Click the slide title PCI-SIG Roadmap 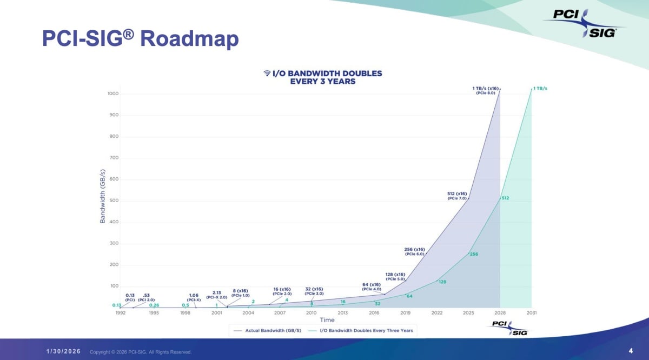click(140, 39)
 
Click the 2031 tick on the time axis click(531, 313)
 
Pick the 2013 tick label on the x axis click(343, 313)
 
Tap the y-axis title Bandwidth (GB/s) click(102, 197)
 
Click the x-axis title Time click(327, 320)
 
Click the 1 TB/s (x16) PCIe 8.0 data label click(485, 90)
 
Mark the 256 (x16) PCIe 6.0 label click(414, 251)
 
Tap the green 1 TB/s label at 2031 click(540, 89)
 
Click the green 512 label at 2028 click(505, 198)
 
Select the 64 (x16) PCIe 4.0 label click(372, 286)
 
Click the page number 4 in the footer click(631, 351)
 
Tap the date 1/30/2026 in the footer click(63, 352)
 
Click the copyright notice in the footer click(141, 352)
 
